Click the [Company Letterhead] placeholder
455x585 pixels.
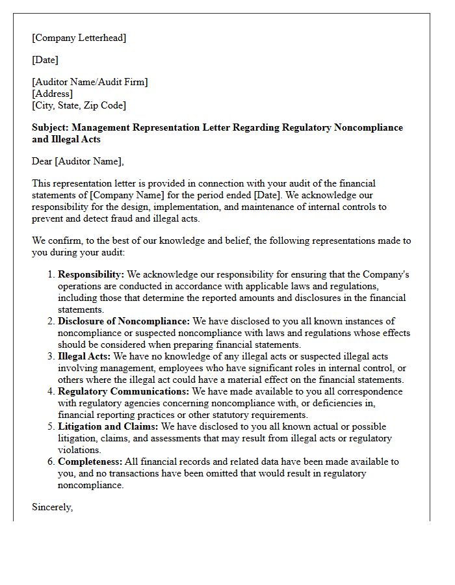[79, 38]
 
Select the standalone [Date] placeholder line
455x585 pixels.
[45, 60]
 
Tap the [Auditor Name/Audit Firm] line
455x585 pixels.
[90, 82]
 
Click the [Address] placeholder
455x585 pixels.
[52, 94]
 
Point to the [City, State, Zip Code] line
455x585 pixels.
[79, 105]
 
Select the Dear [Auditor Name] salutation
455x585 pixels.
[77, 161]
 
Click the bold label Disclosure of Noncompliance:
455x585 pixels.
[123, 321]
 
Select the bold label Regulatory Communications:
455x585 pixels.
[123, 391]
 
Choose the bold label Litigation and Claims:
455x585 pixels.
[108, 426]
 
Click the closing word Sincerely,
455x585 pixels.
[52, 507]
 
